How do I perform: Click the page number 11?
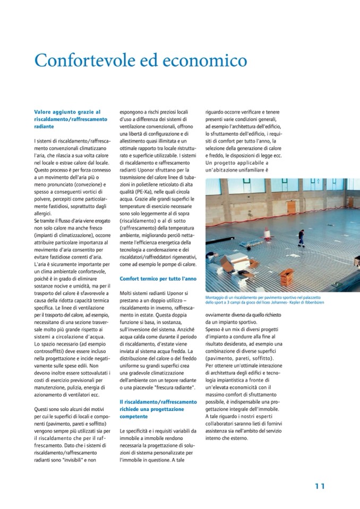320,486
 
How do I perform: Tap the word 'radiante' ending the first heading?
45,127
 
